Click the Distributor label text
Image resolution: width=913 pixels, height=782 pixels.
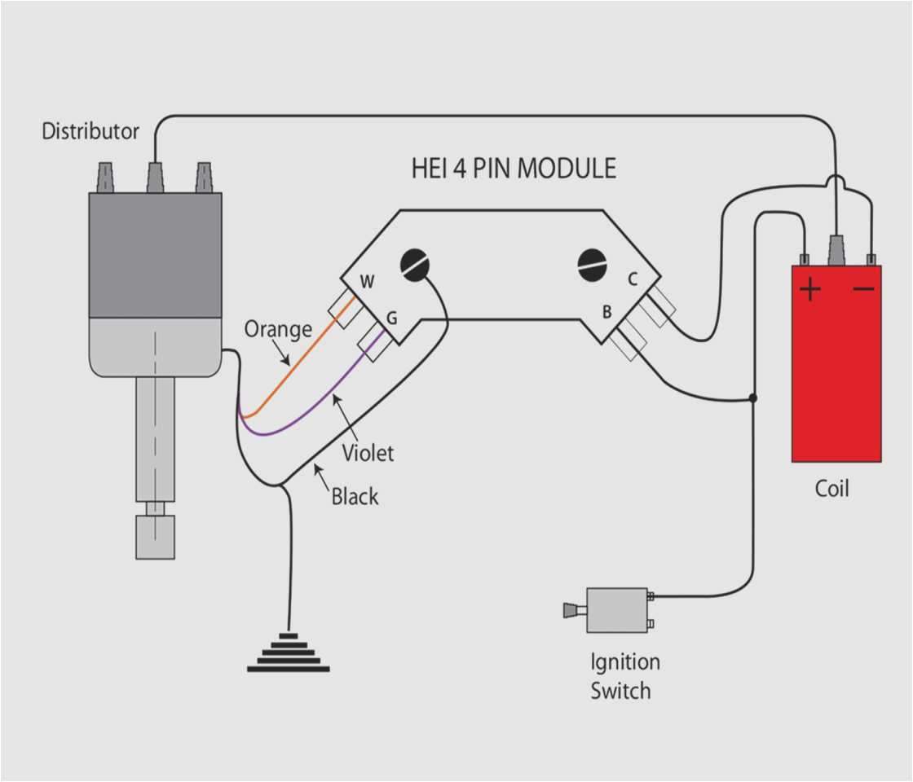click(x=90, y=131)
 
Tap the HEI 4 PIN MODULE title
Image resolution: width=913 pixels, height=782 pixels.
click(x=514, y=169)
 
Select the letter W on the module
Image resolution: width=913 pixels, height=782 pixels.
click(x=368, y=283)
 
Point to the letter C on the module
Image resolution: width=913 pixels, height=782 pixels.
click(x=632, y=279)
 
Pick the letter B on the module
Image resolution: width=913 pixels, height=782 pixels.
click(x=606, y=311)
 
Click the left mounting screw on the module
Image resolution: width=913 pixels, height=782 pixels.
click(x=415, y=266)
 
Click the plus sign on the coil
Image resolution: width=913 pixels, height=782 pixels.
click(x=809, y=290)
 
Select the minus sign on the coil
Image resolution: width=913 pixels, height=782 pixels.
click(x=864, y=289)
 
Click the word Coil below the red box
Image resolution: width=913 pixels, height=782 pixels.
click(x=831, y=489)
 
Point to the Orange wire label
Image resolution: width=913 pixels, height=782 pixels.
click(x=278, y=329)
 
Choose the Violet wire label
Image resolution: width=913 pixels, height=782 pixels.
click(x=367, y=452)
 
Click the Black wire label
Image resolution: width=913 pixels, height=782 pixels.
click(x=355, y=496)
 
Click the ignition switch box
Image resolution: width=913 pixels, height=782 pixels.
click(x=617, y=610)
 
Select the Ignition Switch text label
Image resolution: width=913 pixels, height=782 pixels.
click(x=624, y=676)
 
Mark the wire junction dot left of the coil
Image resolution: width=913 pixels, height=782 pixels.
click(x=752, y=398)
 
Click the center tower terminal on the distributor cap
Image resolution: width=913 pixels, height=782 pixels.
click(x=155, y=177)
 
